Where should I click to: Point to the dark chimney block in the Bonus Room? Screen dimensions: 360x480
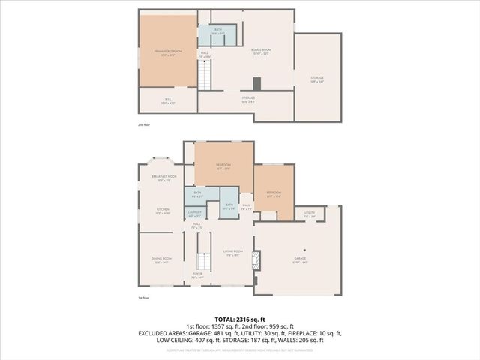click(257, 84)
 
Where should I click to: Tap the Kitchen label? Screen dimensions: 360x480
click(162, 211)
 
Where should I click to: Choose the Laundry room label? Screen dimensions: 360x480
click(195, 214)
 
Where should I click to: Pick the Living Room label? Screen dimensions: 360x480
click(233, 253)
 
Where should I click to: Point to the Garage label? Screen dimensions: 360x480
click(300, 260)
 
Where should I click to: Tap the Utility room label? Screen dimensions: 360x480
click(309, 214)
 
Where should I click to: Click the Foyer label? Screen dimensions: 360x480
click(197, 274)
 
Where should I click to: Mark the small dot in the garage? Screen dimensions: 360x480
click(304, 250)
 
